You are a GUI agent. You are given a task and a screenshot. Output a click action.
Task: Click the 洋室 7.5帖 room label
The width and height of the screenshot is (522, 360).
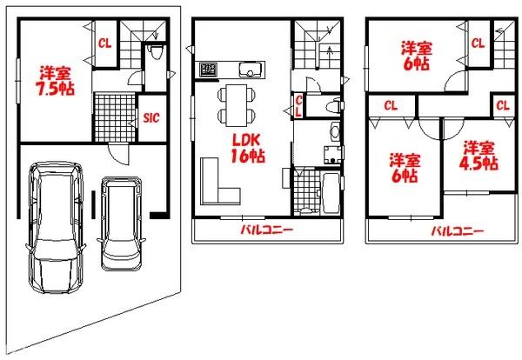point(56,81)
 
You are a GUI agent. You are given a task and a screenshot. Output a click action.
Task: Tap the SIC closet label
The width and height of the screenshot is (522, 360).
point(151,117)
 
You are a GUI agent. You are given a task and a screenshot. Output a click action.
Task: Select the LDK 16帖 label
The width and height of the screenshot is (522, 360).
point(248,149)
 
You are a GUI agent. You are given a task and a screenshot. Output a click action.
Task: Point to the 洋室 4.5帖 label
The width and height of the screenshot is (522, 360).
point(478,156)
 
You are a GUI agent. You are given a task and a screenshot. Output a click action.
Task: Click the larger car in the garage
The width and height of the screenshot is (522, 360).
point(56,227)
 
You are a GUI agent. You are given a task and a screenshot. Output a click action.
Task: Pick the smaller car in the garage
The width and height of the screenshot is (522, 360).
point(121,223)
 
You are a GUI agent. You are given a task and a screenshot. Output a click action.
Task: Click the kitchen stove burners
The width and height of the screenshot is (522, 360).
point(209,70)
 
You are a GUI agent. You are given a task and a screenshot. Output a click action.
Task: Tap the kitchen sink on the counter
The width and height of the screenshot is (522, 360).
point(249,70)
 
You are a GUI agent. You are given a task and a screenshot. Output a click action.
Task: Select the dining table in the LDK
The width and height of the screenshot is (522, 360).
point(237,105)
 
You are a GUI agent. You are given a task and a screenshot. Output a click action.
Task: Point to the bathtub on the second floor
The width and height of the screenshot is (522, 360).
point(331,193)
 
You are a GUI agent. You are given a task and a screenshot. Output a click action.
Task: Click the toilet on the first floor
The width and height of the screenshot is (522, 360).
point(156,52)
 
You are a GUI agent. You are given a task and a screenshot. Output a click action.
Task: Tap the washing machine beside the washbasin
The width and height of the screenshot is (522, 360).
point(332,155)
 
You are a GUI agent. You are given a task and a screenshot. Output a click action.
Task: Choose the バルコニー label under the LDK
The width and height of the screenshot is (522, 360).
point(267,230)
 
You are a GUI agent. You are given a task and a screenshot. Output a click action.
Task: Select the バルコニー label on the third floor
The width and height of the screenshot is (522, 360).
point(458,231)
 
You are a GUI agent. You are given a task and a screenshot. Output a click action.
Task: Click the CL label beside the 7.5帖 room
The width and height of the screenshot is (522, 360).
point(104,43)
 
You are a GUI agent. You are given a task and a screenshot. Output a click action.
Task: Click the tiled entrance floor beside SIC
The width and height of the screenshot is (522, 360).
point(115,117)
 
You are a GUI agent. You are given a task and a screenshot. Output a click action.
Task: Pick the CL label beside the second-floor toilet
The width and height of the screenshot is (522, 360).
point(298,106)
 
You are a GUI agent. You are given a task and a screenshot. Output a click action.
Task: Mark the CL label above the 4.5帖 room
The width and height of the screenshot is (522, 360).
point(503,106)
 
